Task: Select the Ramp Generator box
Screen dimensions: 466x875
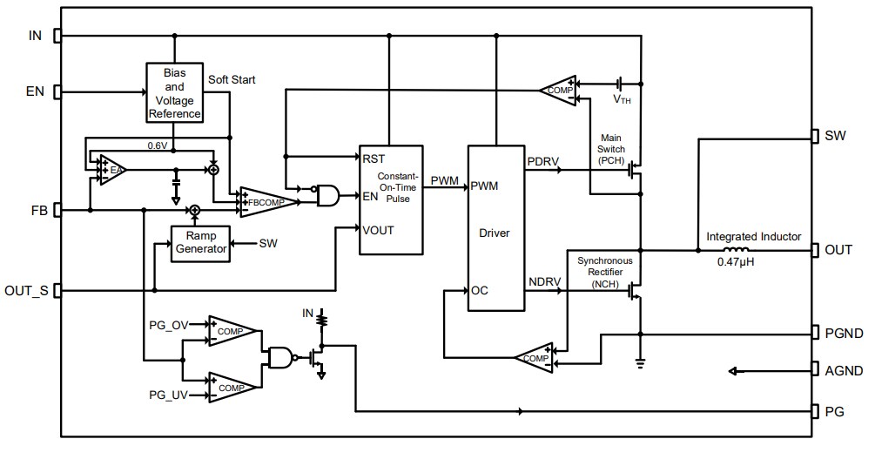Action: point(201,241)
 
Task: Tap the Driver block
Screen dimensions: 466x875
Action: point(495,233)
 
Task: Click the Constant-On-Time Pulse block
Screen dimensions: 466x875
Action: point(391,199)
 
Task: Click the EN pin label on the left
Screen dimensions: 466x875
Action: point(34,91)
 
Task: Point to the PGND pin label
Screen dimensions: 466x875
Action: point(844,333)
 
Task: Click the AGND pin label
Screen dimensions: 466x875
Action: point(844,371)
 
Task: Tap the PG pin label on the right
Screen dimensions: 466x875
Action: point(834,411)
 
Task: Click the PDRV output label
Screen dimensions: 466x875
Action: point(544,161)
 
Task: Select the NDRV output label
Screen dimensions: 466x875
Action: point(545,282)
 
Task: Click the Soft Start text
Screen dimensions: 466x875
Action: point(232,79)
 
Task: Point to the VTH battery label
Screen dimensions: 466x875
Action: point(622,100)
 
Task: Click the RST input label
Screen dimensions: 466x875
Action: point(373,158)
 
